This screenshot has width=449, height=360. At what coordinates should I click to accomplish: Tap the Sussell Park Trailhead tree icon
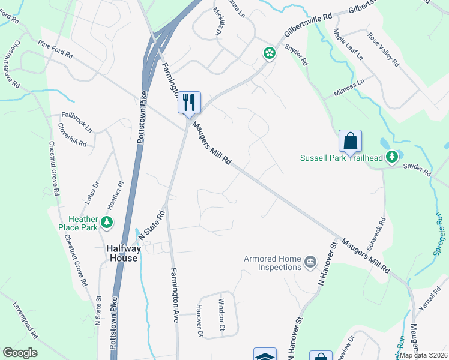[392, 157]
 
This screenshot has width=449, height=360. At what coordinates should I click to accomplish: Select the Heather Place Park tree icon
[107, 223]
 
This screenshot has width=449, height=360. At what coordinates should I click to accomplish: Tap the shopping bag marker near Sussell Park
[350, 142]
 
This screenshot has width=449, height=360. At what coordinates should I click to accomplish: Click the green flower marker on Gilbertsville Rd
[269, 54]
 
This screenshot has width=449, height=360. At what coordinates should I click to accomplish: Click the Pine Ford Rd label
[55, 49]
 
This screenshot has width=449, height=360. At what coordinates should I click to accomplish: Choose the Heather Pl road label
[113, 192]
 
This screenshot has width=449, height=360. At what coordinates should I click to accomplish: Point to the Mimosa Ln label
[349, 89]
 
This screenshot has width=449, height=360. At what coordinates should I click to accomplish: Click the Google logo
[20, 353]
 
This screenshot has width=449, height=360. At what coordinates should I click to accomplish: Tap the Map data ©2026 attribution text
[423, 355]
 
